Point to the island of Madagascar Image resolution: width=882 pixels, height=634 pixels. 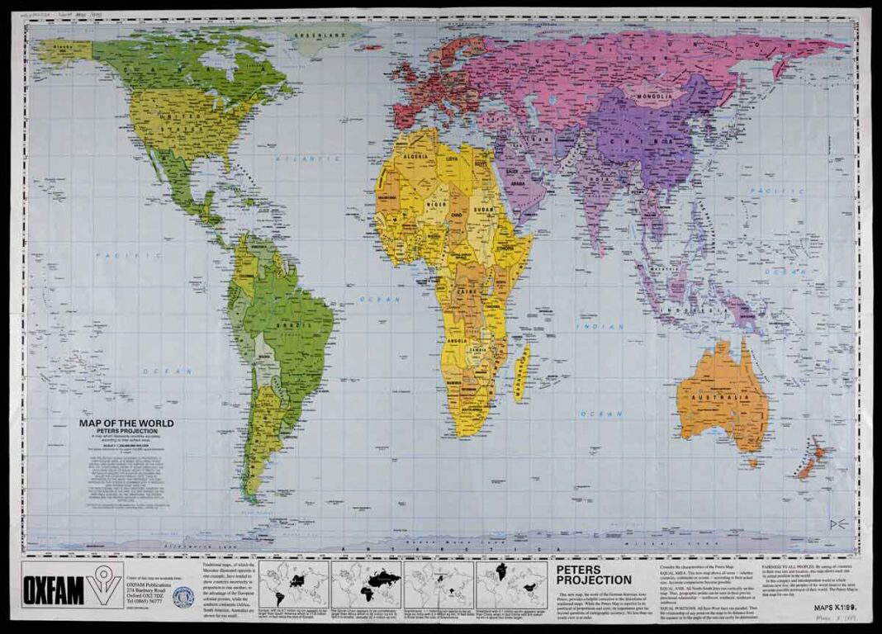point(521,373)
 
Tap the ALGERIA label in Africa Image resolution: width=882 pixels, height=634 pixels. point(415,155)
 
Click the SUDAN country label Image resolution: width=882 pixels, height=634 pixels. point(485,211)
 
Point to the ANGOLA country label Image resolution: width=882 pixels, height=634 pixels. point(457,340)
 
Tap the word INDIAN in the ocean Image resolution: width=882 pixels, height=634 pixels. point(600,327)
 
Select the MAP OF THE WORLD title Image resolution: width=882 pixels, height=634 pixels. point(126,423)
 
